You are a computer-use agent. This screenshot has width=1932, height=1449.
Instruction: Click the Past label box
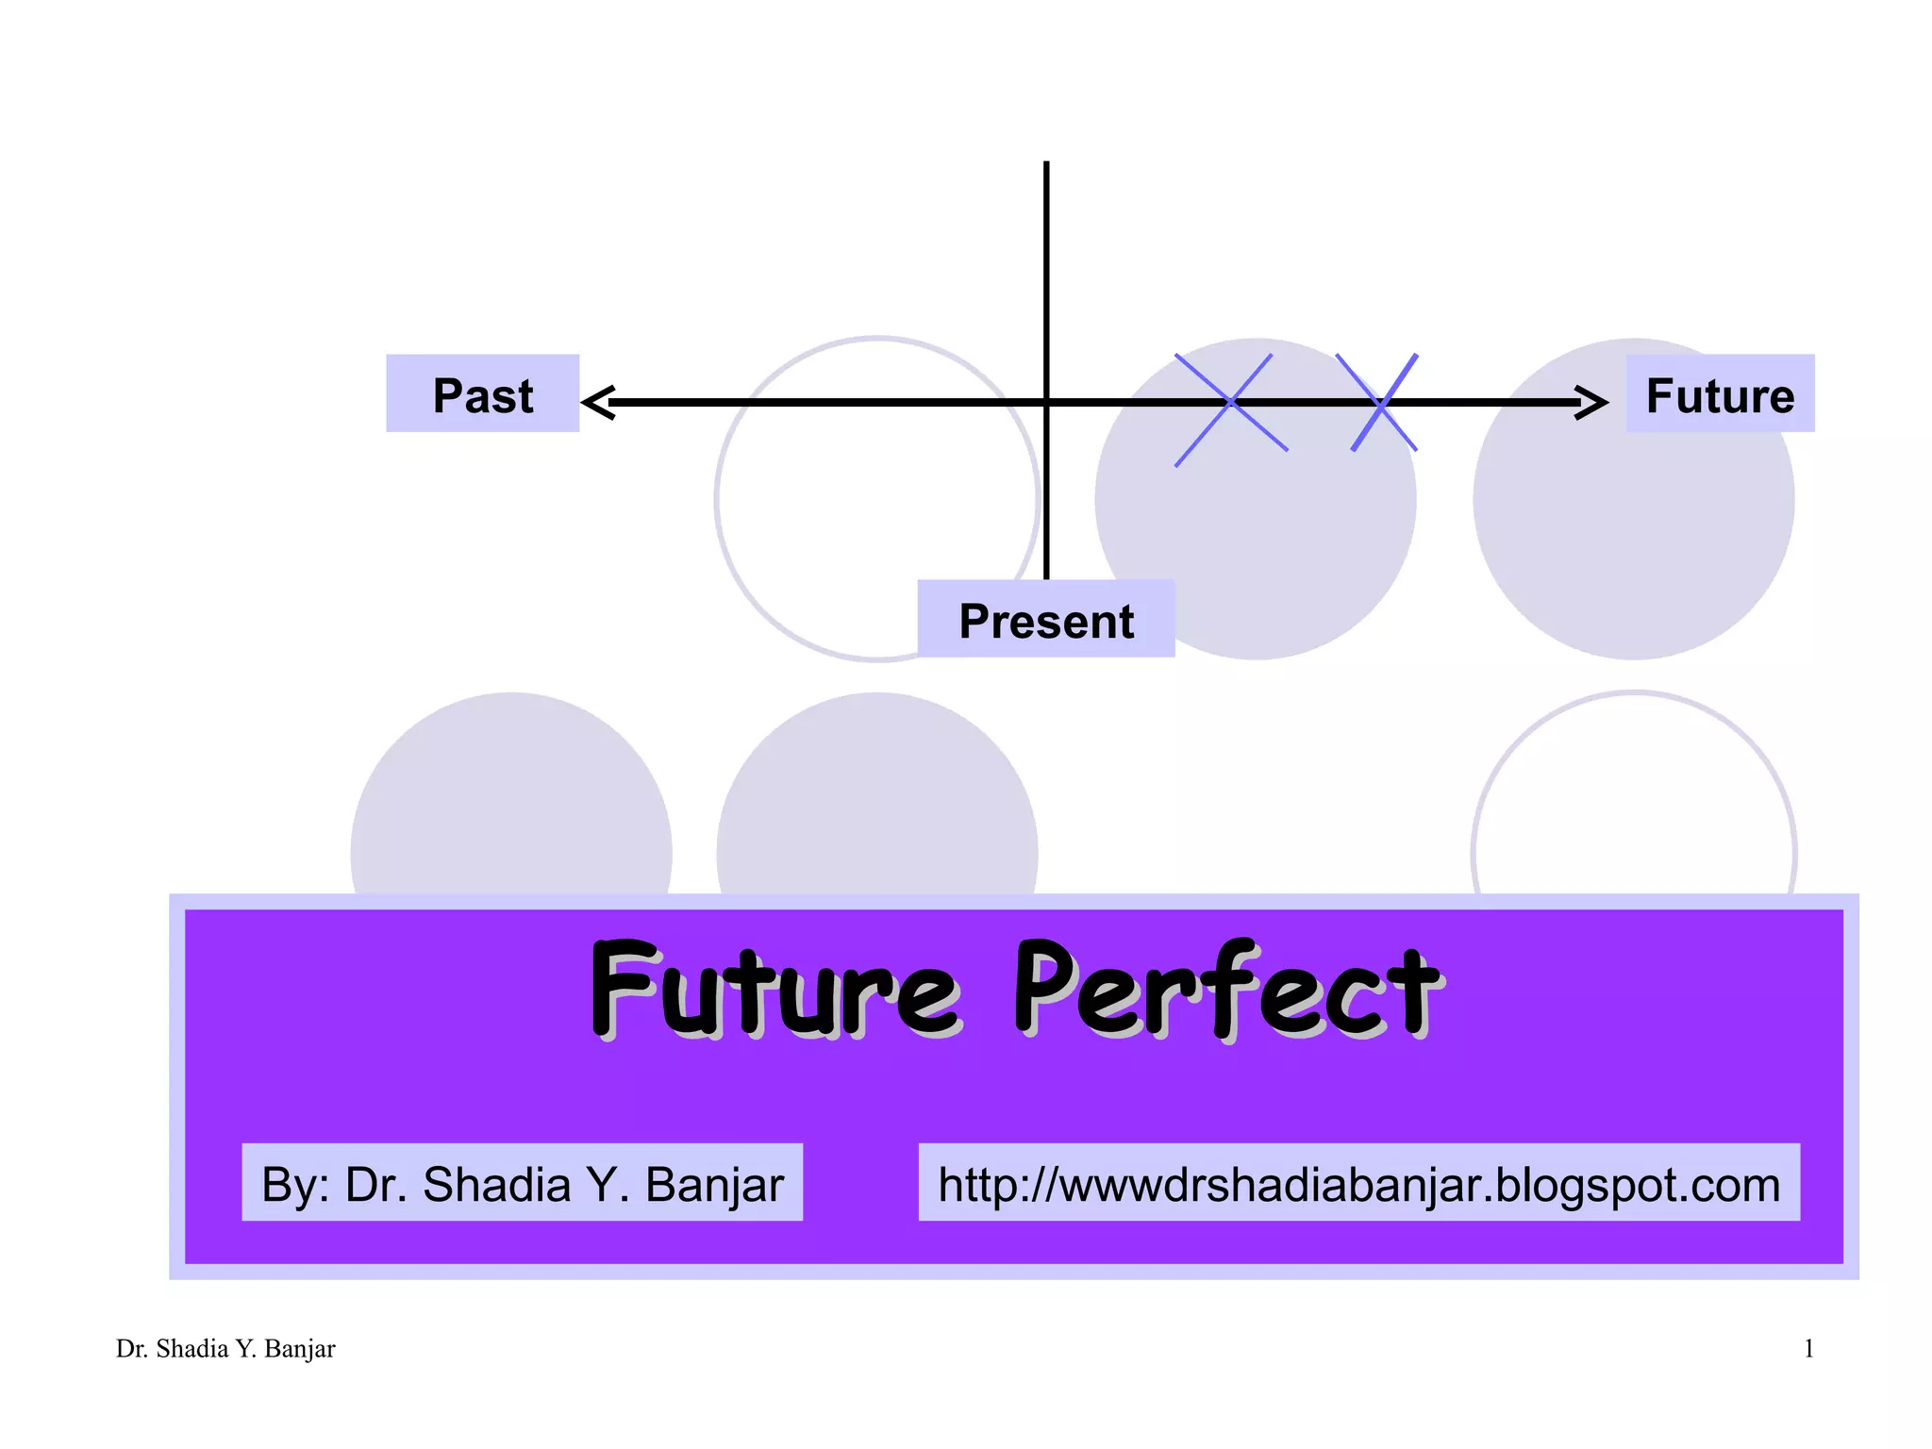click(482, 393)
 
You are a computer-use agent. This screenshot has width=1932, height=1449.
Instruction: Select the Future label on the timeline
click(1719, 393)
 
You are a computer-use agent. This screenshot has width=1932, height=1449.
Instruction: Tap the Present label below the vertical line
click(1045, 619)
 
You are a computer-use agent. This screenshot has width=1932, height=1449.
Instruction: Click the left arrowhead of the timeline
click(598, 402)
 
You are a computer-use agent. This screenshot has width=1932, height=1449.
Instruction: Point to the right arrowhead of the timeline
click(1592, 402)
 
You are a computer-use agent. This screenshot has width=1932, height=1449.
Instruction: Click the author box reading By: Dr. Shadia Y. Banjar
click(522, 1183)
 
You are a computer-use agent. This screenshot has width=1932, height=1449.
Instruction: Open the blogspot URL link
click(1358, 1183)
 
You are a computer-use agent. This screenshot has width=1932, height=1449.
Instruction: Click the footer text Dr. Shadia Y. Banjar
click(225, 1349)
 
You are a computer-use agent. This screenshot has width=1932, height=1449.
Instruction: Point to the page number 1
click(1808, 1349)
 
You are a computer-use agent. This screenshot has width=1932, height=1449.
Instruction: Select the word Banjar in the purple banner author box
click(714, 1185)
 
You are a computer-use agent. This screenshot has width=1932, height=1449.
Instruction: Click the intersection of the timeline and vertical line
click(1046, 403)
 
